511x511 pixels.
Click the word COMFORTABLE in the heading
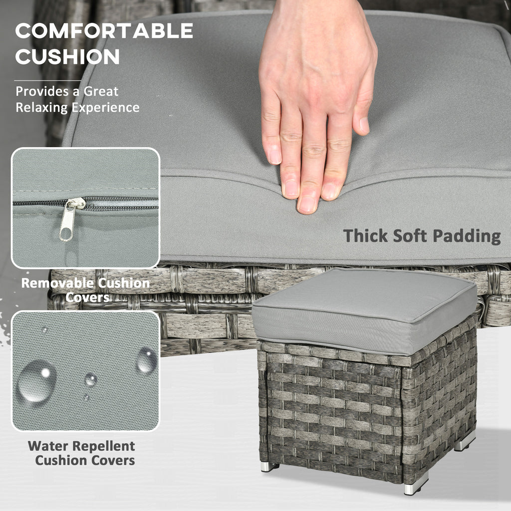tap(104, 31)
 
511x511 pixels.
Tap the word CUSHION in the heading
tap(67, 57)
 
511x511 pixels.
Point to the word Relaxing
tap(42, 107)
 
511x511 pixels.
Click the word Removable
tap(56, 283)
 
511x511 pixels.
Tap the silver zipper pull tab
tap(70, 220)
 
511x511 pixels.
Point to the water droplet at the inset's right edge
tap(146, 360)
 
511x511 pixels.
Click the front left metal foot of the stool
tap(269, 467)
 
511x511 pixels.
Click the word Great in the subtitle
tap(101, 91)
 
